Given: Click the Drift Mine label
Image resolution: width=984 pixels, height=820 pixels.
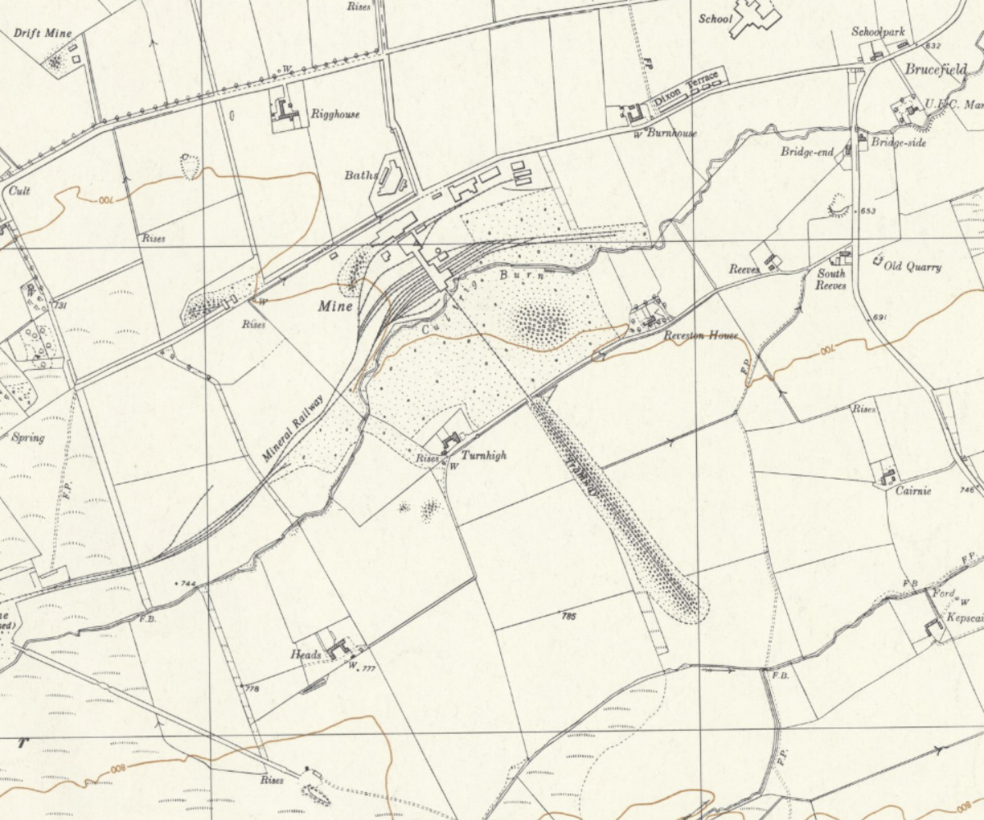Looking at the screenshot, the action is click(x=43, y=34).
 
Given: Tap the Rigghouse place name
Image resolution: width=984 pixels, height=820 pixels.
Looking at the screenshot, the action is click(x=335, y=115).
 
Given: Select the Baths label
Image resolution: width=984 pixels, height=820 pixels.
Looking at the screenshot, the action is click(x=361, y=175).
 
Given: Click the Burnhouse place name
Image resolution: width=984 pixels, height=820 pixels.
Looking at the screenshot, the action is click(x=672, y=133).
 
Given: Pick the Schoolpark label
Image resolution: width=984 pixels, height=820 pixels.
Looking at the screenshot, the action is click(x=877, y=32).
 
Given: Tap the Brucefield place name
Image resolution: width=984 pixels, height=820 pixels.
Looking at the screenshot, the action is click(x=936, y=71).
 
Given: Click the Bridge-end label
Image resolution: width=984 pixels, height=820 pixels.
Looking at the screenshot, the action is click(x=807, y=153).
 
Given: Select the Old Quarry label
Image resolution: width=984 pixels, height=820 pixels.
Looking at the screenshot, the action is click(x=913, y=267).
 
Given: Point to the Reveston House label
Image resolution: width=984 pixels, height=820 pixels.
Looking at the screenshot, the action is click(x=701, y=335).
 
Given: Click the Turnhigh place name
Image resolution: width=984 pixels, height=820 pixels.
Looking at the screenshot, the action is click(x=483, y=455).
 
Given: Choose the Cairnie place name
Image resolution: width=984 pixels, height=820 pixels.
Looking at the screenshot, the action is click(x=913, y=491).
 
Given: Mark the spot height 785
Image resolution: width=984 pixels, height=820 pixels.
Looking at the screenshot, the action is click(x=570, y=615).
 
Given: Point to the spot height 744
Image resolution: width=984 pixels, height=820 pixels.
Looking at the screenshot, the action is click(x=188, y=584).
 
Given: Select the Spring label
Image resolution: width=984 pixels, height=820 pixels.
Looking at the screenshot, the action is click(x=28, y=437).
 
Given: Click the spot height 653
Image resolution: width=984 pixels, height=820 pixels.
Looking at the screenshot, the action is click(x=869, y=212).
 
